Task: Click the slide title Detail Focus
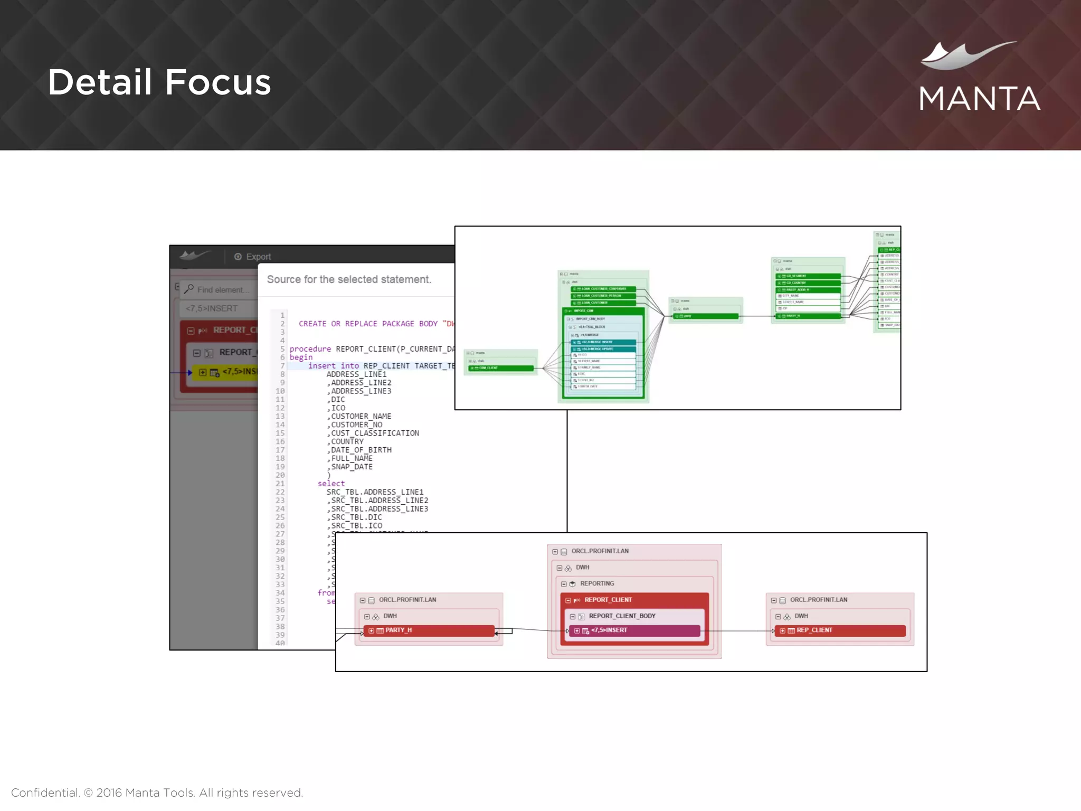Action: pos(159,82)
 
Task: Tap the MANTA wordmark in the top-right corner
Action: pos(979,99)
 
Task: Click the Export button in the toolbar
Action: pos(253,257)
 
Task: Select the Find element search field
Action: pos(222,290)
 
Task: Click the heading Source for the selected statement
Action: pos(349,279)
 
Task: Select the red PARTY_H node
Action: pos(429,630)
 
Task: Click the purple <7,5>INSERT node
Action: pos(634,630)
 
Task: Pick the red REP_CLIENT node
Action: pos(839,630)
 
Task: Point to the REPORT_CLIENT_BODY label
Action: pos(622,616)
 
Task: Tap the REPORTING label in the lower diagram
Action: pos(597,583)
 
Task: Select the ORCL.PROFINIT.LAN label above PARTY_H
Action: pos(407,600)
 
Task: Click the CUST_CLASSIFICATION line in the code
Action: pos(375,433)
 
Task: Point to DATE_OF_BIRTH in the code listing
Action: pos(361,450)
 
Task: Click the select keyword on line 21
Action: pos(331,484)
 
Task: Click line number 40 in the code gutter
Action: pos(280,643)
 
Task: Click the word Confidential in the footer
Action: pos(45,793)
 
